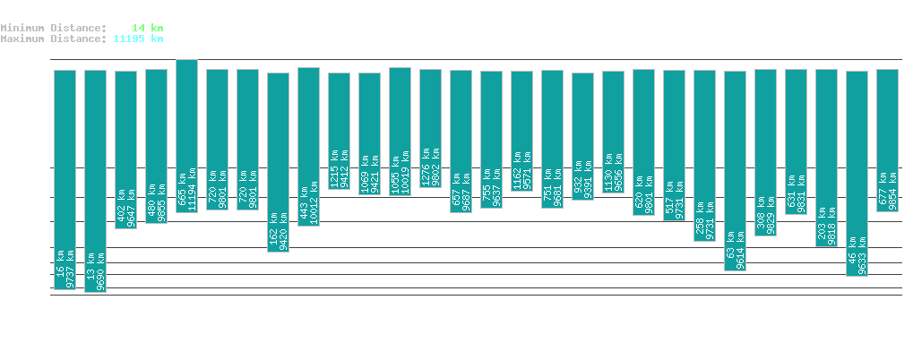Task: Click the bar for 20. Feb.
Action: point(186,135)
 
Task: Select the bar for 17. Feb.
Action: point(95,181)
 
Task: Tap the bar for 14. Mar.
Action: point(857,173)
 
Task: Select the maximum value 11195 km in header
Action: point(138,39)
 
